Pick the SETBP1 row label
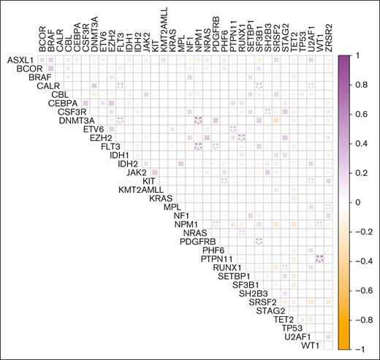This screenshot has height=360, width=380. click(x=229, y=276)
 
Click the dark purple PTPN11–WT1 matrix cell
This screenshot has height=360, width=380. click(x=320, y=258)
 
